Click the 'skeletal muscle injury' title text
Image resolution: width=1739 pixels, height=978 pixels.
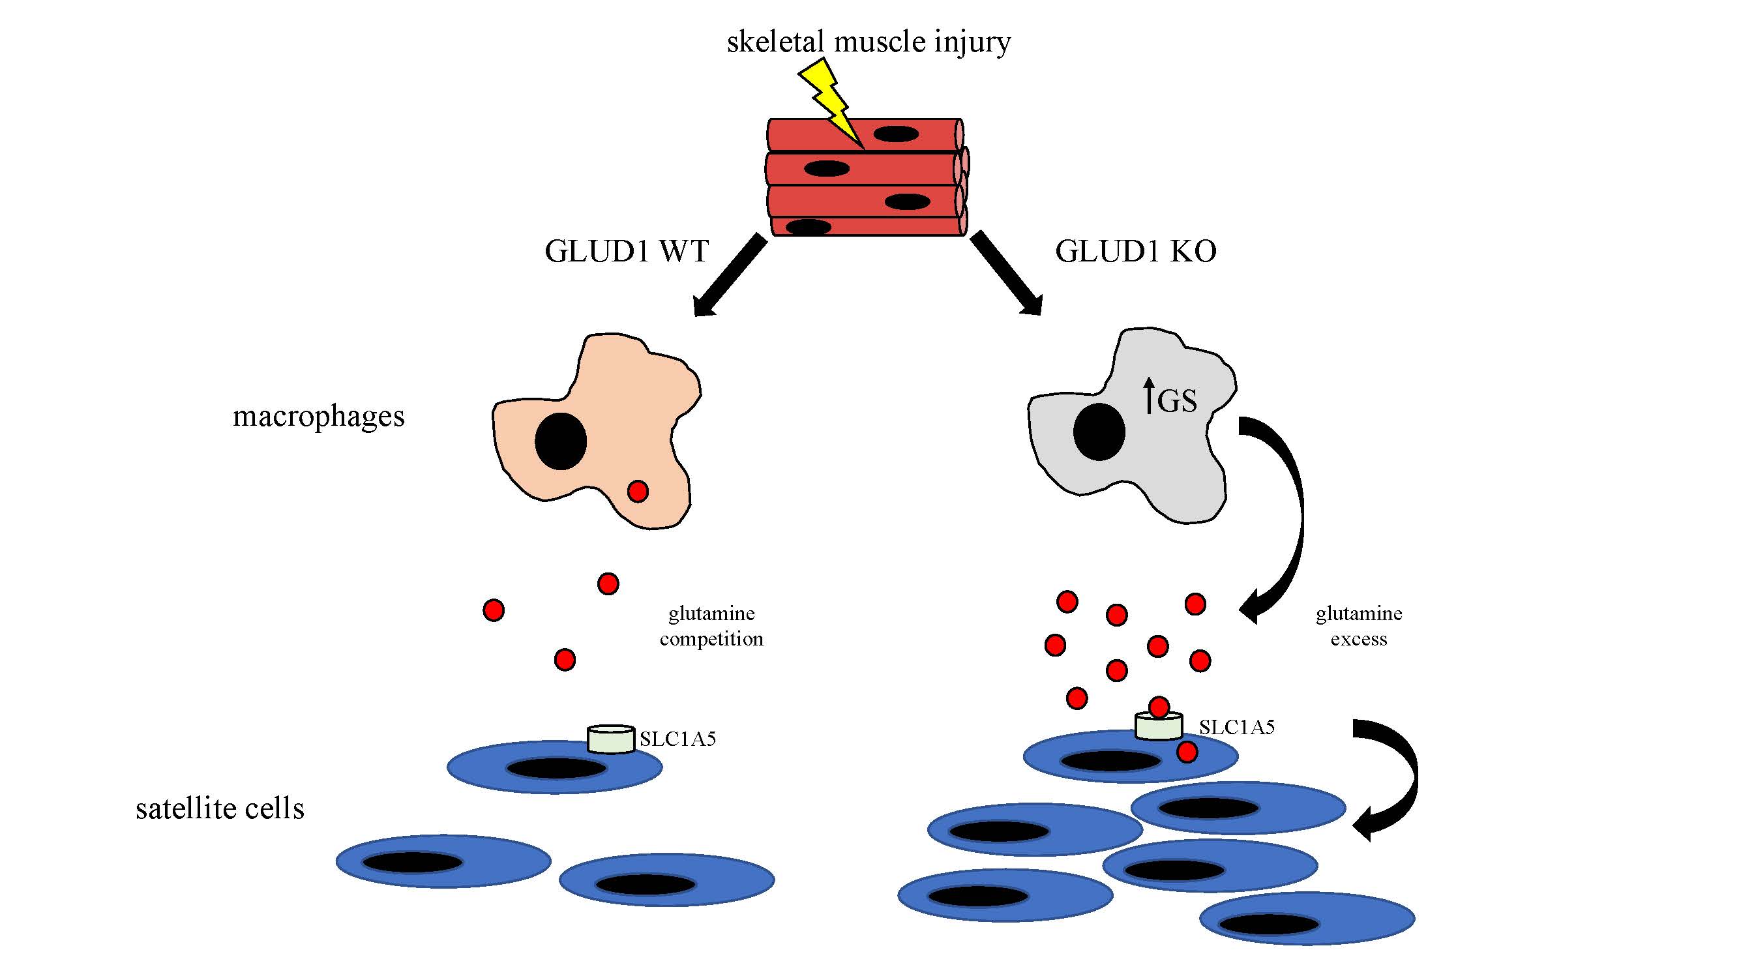point(868,42)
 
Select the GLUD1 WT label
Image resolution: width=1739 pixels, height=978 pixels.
point(626,252)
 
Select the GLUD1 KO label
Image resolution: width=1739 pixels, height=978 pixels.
point(1135,252)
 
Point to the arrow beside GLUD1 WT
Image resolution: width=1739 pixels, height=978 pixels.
point(729,276)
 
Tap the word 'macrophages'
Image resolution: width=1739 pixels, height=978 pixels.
point(319,417)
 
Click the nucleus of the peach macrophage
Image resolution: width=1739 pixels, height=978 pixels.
point(560,441)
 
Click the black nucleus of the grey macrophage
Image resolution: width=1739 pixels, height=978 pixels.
point(1099,432)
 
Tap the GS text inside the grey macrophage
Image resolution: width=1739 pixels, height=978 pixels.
point(1177,402)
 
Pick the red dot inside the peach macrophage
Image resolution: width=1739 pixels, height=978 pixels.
point(638,492)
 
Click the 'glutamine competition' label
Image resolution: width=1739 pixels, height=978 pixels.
point(711,627)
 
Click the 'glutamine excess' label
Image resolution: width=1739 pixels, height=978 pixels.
point(1359,627)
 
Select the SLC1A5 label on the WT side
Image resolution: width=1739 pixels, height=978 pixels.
point(677,740)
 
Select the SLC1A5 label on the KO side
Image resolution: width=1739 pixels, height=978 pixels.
point(1237,728)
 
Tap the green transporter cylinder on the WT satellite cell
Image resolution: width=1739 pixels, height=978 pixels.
point(611,739)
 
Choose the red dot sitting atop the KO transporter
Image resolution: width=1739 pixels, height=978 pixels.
point(1159,707)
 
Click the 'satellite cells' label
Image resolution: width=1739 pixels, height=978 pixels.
point(220,808)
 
